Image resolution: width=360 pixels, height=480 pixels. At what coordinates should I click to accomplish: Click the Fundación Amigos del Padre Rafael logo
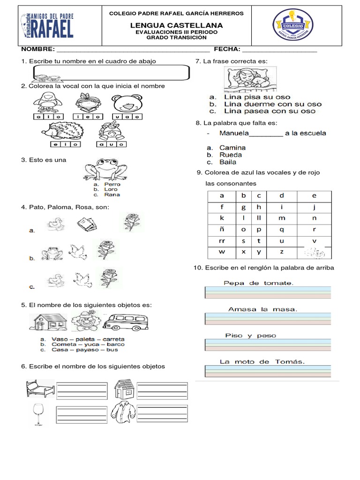(47, 25)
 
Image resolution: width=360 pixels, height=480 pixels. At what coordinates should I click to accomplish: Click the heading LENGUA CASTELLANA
(176, 24)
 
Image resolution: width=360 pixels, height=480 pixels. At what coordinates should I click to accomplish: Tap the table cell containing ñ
(222, 230)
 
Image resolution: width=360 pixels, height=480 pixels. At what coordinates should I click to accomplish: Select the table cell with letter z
(281, 252)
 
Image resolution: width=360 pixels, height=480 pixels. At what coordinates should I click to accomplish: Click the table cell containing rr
(222, 240)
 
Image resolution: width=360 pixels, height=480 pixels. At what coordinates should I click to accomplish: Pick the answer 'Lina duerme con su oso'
(273, 104)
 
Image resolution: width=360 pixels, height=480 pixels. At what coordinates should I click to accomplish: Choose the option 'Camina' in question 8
(232, 148)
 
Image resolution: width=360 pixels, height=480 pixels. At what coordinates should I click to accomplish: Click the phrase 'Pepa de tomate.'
(258, 283)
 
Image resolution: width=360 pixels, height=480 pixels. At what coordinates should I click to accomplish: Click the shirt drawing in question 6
(123, 413)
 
